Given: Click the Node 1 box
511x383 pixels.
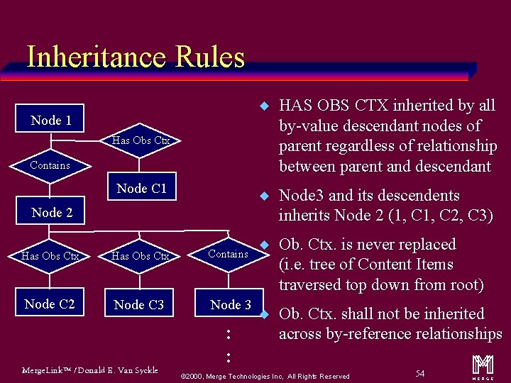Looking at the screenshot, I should [51, 120].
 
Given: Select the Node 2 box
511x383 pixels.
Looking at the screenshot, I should [52, 212].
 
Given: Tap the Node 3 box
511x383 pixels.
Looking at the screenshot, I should [231, 304].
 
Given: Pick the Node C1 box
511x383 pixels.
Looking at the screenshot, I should [141, 188].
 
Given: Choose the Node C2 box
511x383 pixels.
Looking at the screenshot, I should [50, 304].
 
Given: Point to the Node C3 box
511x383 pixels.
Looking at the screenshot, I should [139, 304].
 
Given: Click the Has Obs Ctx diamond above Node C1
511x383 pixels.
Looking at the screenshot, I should [141, 140].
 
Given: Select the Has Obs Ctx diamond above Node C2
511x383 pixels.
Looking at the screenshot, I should [50, 256].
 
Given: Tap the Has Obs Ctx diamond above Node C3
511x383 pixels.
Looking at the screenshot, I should [141, 256].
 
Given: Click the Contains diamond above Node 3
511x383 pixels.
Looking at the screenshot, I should [228, 254].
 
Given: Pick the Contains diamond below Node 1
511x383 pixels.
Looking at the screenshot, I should [50, 165].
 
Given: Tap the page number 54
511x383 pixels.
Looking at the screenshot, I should [420, 372].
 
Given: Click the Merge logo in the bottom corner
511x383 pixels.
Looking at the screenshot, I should [483, 365].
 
